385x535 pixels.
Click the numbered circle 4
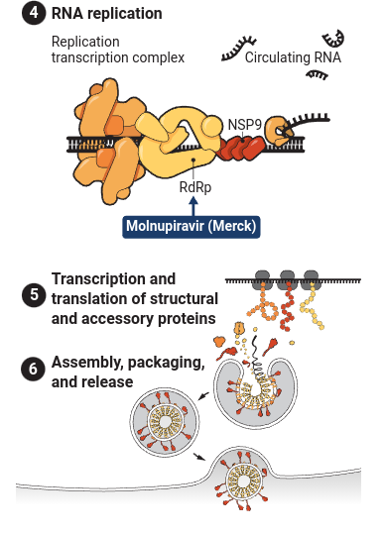point(34,13)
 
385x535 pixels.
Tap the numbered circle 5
point(34,295)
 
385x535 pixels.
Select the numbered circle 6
point(34,369)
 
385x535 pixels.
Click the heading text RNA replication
point(106,14)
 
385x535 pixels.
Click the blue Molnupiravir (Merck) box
point(192,227)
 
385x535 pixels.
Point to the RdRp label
point(195,187)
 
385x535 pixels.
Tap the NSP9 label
point(245,125)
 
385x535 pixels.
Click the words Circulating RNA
point(293,57)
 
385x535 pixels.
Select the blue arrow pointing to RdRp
point(193,206)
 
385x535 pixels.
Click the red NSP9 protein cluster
point(241,148)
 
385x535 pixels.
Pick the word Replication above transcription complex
point(85,42)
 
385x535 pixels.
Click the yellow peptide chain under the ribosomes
point(312,306)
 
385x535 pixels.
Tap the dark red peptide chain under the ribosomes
point(288,306)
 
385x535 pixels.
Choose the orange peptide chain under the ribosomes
point(263,304)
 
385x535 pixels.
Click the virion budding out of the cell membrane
point(243,481)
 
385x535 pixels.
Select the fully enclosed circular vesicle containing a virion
point(165,422)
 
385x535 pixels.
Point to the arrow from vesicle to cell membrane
point(199,457)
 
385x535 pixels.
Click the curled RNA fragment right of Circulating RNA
point(333,39)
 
